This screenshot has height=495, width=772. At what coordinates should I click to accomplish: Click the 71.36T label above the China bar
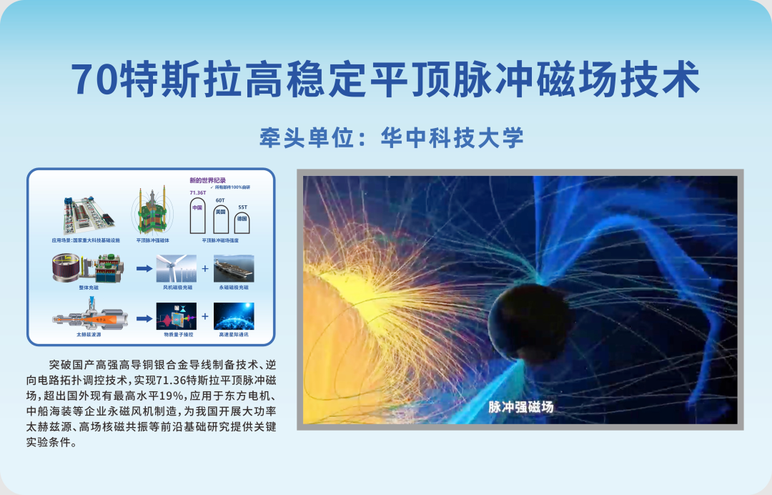pos(197,192)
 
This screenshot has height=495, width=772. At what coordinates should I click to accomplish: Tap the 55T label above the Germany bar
pos(242,206)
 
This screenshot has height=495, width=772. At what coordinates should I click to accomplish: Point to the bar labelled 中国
pos(197,215)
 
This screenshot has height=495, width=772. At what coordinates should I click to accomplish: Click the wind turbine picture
pos(176,269)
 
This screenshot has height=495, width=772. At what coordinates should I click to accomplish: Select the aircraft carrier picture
pos(234,269)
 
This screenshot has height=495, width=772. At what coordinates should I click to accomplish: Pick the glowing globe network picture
pos(234,315)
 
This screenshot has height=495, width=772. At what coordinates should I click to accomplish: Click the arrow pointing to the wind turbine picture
pos(144,269)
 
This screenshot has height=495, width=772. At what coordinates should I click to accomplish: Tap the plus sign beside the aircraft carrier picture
pos(205,269)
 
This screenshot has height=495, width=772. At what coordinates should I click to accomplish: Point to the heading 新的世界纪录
pos(204,180)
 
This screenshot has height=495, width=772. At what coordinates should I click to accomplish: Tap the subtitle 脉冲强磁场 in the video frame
pos(521,407)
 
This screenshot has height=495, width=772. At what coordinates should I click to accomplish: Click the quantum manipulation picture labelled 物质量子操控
pos(176,315)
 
